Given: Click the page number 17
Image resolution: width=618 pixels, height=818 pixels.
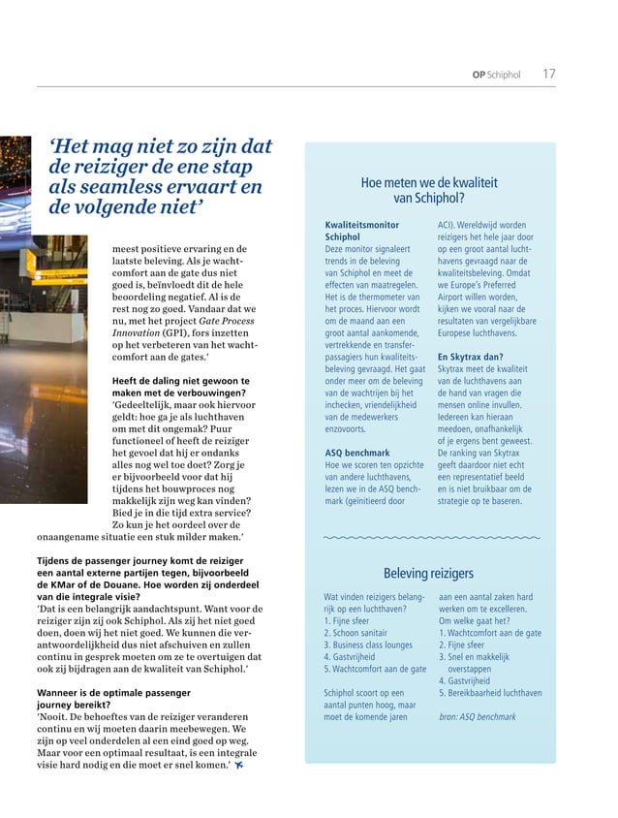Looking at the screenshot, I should pyautogui.click(x=549, y=74).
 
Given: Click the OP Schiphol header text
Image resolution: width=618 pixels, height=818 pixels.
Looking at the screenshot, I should pyautogui.click(x=497, y=75).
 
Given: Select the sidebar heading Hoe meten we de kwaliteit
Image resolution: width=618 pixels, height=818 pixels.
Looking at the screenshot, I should pyautogui.click(x=429, y=181).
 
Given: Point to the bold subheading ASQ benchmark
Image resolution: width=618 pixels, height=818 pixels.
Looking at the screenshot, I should pyautogui.click(x=358, y=452).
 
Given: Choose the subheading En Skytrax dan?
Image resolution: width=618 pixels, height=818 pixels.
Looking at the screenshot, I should pyautogui.click(x=470, y=357).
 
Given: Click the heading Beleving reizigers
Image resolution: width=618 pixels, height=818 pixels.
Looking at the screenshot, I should pyautogui.click(x=429, y=573).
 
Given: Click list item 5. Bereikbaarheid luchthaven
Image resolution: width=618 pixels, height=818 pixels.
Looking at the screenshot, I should pyautogui.click(x=490, y=693).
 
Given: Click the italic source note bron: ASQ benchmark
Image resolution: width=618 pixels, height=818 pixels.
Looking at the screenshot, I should pyautogui.click(x=478, y=716).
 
